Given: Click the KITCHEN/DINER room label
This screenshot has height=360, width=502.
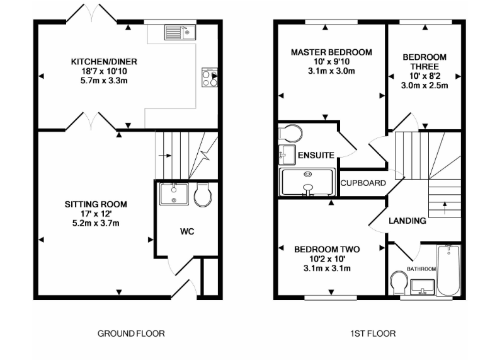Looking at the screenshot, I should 104,62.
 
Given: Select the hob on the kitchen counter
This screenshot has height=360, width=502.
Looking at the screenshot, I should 208,77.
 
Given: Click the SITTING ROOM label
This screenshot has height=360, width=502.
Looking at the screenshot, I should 96,204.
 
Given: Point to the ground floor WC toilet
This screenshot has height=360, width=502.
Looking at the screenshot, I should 203,195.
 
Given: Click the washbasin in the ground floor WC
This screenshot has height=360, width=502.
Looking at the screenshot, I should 172,194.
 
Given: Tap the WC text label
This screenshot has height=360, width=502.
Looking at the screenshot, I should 187,232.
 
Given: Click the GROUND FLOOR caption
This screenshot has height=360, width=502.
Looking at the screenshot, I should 131,334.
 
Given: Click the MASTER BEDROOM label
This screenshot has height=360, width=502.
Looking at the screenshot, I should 331,52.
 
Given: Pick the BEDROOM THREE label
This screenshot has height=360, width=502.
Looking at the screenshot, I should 425,62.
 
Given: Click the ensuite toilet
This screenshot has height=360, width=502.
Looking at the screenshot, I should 290,133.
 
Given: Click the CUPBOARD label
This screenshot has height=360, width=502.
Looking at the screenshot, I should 363,183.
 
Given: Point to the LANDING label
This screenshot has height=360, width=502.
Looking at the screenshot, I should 407,221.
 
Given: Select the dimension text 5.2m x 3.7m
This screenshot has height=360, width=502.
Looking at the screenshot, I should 96,223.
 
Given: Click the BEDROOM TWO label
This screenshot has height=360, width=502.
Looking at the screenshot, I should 327,250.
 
